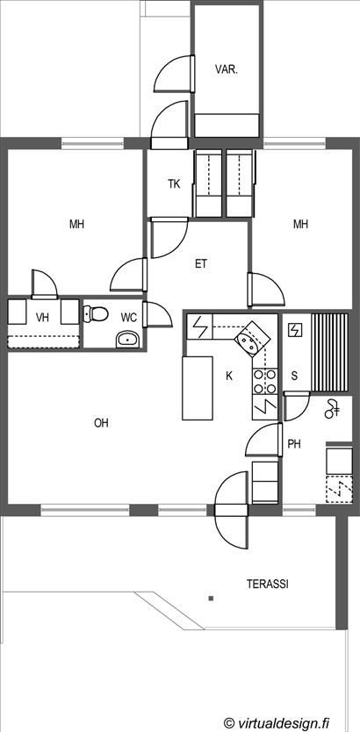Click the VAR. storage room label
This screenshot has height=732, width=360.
[227, 70]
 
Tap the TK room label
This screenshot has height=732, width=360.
[174, 184]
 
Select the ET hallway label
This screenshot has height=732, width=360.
[201, 264]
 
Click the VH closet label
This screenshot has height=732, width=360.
[43, 318]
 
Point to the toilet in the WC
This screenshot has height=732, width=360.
[96, 313]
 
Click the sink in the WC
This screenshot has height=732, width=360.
[127, 340]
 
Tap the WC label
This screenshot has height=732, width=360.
[129, 318]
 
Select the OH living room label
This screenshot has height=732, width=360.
[101, 423]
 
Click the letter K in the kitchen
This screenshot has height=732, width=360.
[229, 376]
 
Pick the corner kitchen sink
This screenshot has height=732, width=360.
[252, 340]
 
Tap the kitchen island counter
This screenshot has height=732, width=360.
[197, 388]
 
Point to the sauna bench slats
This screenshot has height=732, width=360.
[329, 353]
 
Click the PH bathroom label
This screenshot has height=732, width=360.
[293, 444]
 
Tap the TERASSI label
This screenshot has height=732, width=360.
[268, 584]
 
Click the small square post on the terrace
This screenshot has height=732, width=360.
[212, 598]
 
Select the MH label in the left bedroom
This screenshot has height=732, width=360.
[76, 225]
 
